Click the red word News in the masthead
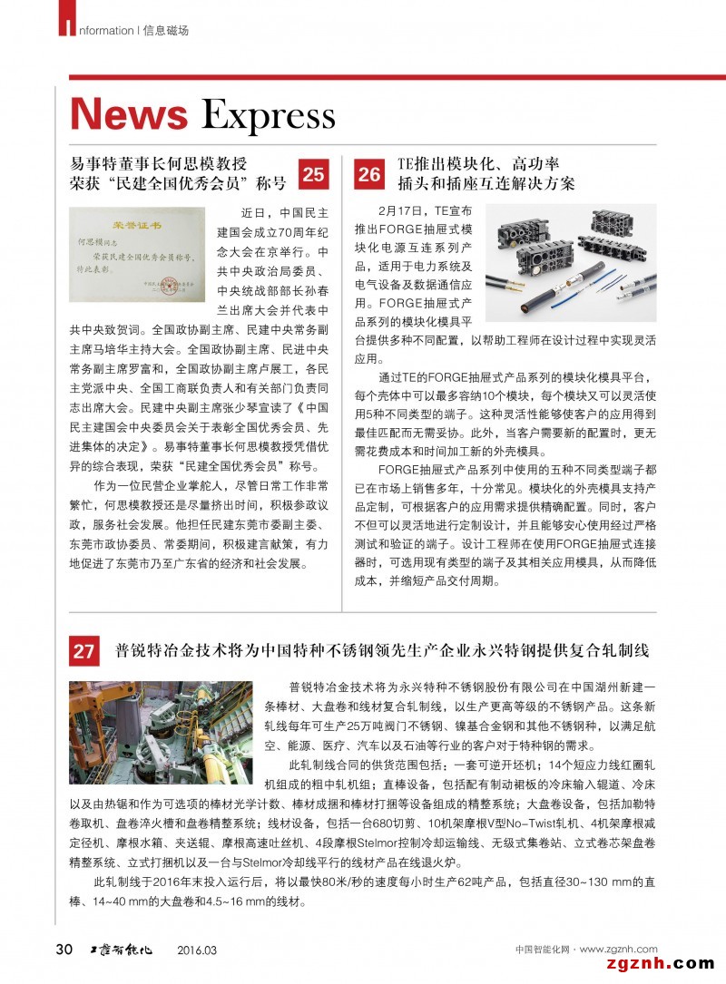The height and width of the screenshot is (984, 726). click(129, 116)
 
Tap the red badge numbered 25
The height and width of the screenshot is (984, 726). click(313, 173)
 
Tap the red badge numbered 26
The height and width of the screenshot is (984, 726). click(369, 173)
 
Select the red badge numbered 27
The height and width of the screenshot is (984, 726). click(84, 651)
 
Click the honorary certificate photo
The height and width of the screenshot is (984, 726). click(138, 253)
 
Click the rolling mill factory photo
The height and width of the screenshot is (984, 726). click(161, 734)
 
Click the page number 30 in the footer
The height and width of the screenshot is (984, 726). click(64, 949)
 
